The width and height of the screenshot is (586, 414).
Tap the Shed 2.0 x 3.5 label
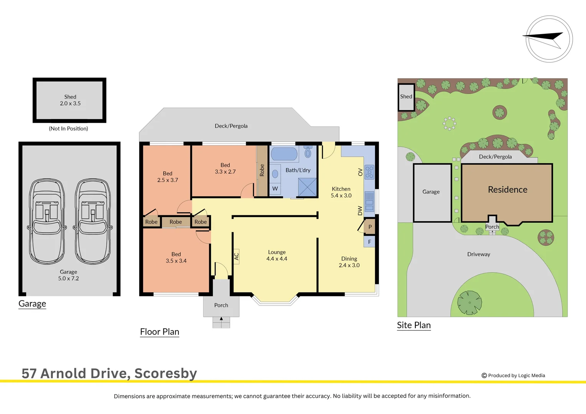[70, 100]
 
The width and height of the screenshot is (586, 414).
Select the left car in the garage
[47, 222]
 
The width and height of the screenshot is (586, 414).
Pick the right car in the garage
[92, 222]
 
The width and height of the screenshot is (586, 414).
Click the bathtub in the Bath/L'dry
[284, 154]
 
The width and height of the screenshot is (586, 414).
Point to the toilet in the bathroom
[308, 152]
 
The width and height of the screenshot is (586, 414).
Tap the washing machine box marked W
[275, 189]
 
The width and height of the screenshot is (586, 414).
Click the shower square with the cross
[307, 187]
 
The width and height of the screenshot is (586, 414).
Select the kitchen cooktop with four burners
[369, 172]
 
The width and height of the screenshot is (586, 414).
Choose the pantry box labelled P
[369, 227]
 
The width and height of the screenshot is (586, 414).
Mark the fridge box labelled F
[369, 242]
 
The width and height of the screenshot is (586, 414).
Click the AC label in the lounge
[237, 256]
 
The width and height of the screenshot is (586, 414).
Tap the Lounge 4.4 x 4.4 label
[277, 255]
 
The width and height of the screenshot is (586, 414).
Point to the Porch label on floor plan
[221, 305]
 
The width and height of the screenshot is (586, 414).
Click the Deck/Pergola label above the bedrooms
[231, 126]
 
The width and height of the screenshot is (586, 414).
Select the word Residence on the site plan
[507, 189]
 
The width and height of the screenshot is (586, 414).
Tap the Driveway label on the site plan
[479, 254]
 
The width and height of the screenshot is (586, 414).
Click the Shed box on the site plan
[406, 97]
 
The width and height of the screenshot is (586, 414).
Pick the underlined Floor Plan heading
[160, 332]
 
